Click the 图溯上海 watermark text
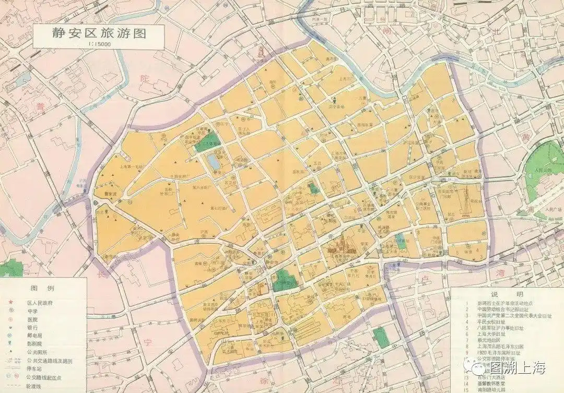(517, 368)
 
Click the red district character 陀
(146, 78)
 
